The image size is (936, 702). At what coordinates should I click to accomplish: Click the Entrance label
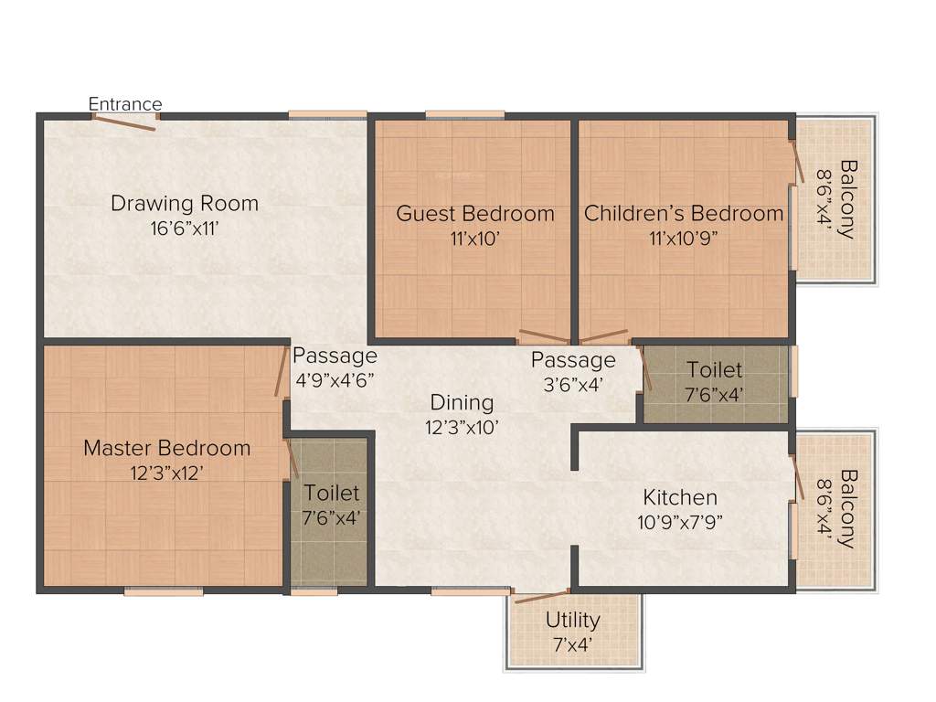[x=125, y=104]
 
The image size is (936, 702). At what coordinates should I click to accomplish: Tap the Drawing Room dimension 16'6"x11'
[x=185, y=228]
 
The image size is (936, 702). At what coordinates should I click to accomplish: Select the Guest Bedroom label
[x=474, y=214]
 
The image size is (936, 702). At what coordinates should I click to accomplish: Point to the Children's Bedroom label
[x=684, y=214]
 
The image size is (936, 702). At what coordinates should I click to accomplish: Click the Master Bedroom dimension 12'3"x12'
[x=166, y=473]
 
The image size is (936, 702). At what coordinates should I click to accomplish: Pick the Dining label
[x=462, y=402]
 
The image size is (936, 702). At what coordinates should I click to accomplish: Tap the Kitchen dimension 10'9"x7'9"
[x=680, y=523]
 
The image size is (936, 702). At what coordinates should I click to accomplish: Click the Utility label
[x=573, y=620]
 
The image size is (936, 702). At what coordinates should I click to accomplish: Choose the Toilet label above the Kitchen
[x=715, y=370]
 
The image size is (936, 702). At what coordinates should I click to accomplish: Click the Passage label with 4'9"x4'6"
[x=334, y=356]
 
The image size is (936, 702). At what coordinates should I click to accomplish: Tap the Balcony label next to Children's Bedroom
[x=847, y=198]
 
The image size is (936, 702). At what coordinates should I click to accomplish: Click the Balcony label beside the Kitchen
[x=847, y=508]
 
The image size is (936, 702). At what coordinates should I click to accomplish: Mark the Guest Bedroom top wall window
[x=464, y=114]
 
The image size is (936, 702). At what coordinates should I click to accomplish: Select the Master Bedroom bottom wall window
[x=164, y=591]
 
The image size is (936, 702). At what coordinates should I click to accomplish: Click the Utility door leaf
[x=541, y=597]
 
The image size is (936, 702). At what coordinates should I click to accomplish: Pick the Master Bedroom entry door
[x=282, y=371]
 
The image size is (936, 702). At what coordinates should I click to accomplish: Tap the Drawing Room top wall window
[x=328, y=114]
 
